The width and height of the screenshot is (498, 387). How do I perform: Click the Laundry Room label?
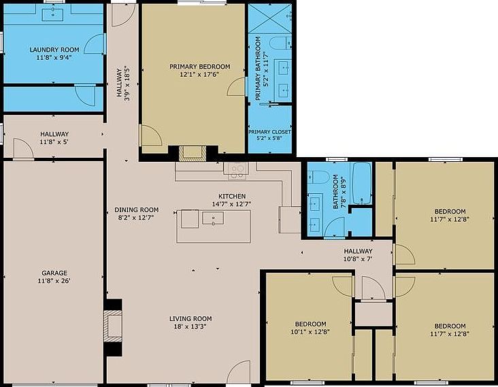[54, 50]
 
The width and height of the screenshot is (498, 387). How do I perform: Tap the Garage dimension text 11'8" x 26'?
[54, 281]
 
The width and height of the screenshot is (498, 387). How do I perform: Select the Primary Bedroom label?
[200, 67]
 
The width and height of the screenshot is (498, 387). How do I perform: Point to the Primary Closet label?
[269, 132]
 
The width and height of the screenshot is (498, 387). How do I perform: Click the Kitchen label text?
[232, 196]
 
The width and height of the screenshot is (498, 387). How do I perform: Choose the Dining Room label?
[137, 210]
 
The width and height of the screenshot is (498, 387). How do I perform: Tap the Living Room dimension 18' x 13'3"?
[190, 326]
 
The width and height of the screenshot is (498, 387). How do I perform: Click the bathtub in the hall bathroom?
[362, 183]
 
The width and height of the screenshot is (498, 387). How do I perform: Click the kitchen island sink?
[213, 218]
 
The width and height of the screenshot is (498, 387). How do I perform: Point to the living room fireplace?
[113, 326]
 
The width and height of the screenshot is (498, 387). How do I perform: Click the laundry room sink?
[52, 14]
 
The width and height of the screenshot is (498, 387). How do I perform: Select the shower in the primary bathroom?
[269, 18]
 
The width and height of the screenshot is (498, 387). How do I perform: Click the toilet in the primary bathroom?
[280, 43]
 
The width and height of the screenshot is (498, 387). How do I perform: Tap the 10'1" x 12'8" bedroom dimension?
[310, 332]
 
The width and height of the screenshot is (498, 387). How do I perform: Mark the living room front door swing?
[239, 371]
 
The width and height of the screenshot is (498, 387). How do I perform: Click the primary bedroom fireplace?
[193, 153]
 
